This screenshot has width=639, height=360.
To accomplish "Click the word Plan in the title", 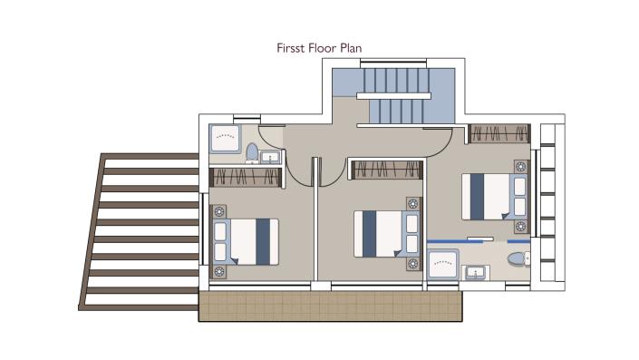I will pyautogui.click(x=352, y=46).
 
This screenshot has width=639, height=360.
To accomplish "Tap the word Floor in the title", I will pyautogui.click(x=323, y=46).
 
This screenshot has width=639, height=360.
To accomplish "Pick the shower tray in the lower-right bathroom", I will pyautogui.click(x=443, y=265).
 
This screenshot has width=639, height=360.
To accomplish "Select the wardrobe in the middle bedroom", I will pyautogui.click(x=386, y=170).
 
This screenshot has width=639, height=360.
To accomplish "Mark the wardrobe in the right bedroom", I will pyautogui.click(x=499, y=134).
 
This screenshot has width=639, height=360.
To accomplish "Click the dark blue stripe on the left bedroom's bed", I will pyautogui.click(x=262, y=242).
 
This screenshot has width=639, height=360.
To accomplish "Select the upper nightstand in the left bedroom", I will pyautogui.click(x=218, y=212).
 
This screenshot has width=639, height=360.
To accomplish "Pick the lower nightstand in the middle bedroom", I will pyautogui.click(x=413, y=264).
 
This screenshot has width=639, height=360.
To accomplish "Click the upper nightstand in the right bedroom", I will pyautogui.click(x=520, y=167).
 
